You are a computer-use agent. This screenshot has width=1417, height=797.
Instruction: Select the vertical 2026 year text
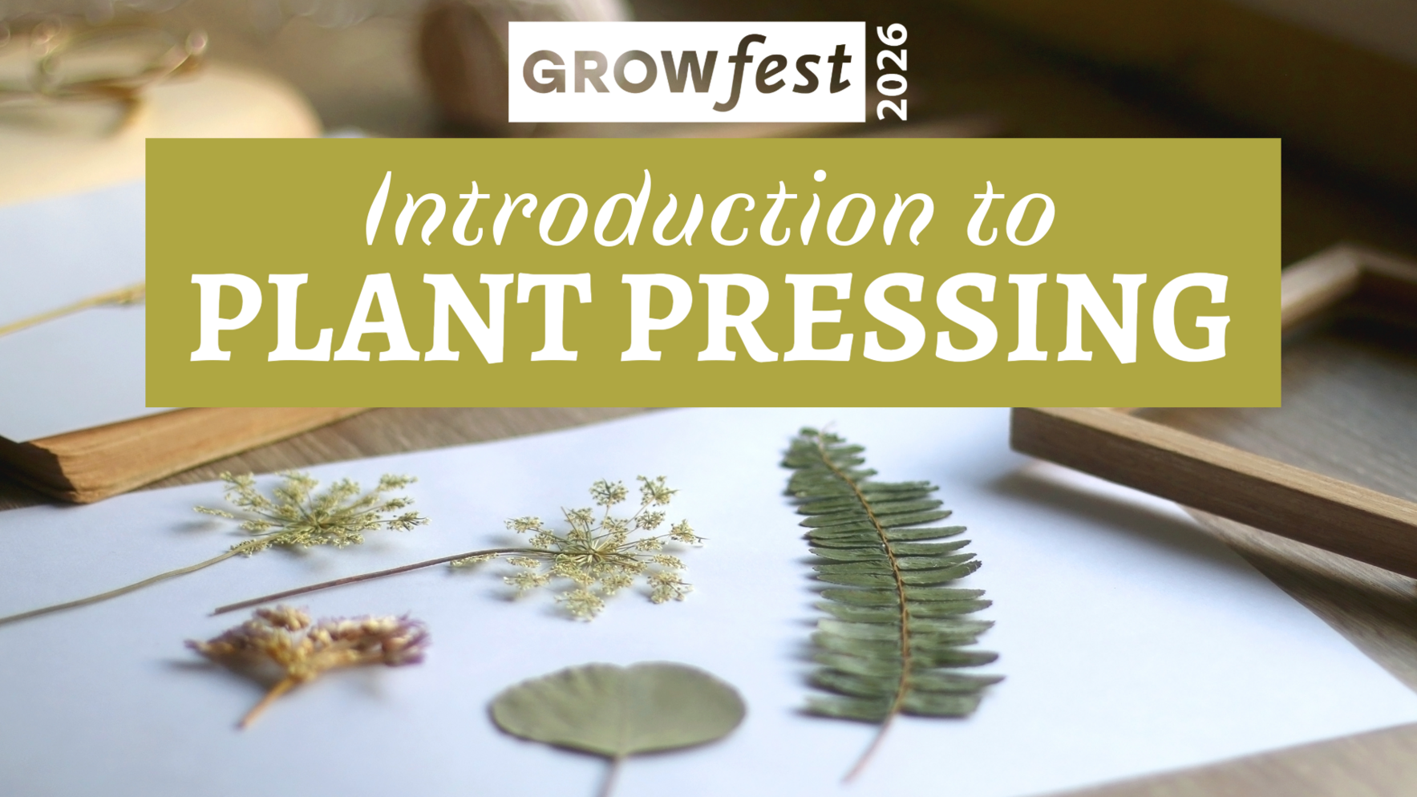tap(891, 72)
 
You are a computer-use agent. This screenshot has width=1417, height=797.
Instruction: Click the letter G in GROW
tap(548, 73)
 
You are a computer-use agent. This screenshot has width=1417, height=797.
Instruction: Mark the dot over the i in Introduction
tap(797, 175)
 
